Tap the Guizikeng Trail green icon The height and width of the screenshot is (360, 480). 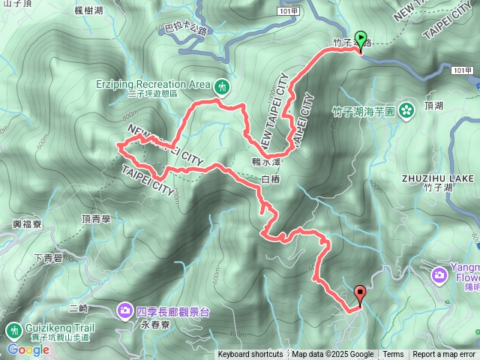click(14, 331)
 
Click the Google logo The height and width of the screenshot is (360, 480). click(28, 349)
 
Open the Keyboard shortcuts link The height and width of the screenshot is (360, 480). click(250, 355)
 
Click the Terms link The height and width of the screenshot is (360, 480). click(393, 355)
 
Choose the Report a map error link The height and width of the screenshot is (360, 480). click(444, 355)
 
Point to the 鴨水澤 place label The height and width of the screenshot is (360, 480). click(266, 161)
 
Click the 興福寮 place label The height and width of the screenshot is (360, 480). click(25, 224)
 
